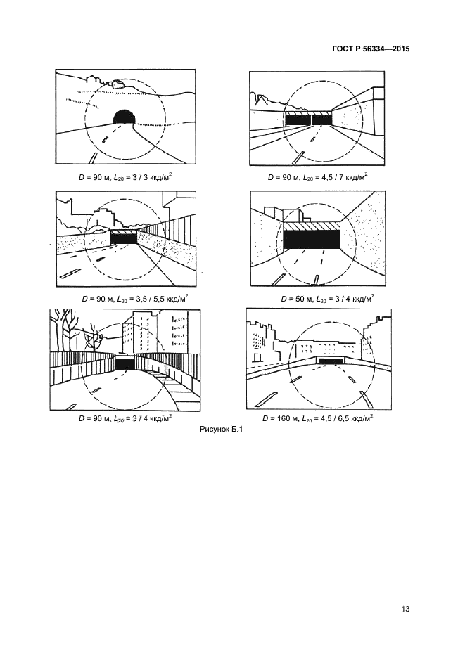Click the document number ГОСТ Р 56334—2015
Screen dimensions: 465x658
pos(371,49)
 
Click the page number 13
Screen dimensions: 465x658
pos(405,609)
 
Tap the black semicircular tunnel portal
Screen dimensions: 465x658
pos(124,116)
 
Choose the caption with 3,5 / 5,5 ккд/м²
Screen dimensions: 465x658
pos(135,299)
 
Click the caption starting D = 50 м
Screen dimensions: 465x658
pos(328,299)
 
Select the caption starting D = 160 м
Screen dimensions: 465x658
pos(318,418)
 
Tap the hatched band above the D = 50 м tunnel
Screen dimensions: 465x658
pos(312,226)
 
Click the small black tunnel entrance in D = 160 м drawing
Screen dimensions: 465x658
pos(332,361)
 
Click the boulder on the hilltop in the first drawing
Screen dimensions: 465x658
pos(118,83)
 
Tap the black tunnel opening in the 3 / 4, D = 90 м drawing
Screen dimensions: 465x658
pos(125,364)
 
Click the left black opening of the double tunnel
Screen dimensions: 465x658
pos(298,120)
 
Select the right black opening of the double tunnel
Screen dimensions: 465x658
pos(321,120)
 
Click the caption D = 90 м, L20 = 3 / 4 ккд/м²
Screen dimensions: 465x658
pos(125,418)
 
